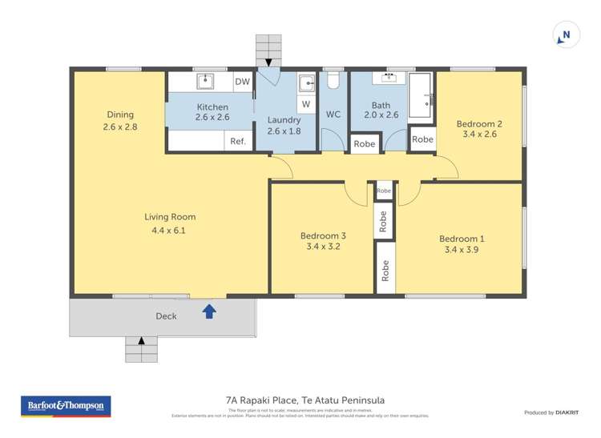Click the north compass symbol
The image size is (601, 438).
click(x=566, y=35)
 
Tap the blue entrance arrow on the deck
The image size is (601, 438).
click(x=209, y=311)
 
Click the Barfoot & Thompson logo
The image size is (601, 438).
click(x=66, y=406)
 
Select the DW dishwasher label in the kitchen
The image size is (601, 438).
click(x=242, y=82)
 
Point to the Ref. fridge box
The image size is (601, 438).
click(x=238, y=142)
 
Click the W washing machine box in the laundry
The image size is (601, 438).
click(x=306, y=104)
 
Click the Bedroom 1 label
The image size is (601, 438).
click(x=461, y=239)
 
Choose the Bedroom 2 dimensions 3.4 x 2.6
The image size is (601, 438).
click(x=479, y=135)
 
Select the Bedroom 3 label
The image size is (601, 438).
click(x=323, y=235)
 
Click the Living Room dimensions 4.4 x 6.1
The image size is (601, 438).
click(x=169, y=231)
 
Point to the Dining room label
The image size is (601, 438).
click(x=120, y=115)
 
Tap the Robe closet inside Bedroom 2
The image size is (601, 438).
click(x=422, y=139)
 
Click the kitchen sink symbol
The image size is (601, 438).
click(x=204, y=80)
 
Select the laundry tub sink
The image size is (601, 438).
click(x=306, y=82)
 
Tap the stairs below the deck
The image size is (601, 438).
click(x=142, y=349)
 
